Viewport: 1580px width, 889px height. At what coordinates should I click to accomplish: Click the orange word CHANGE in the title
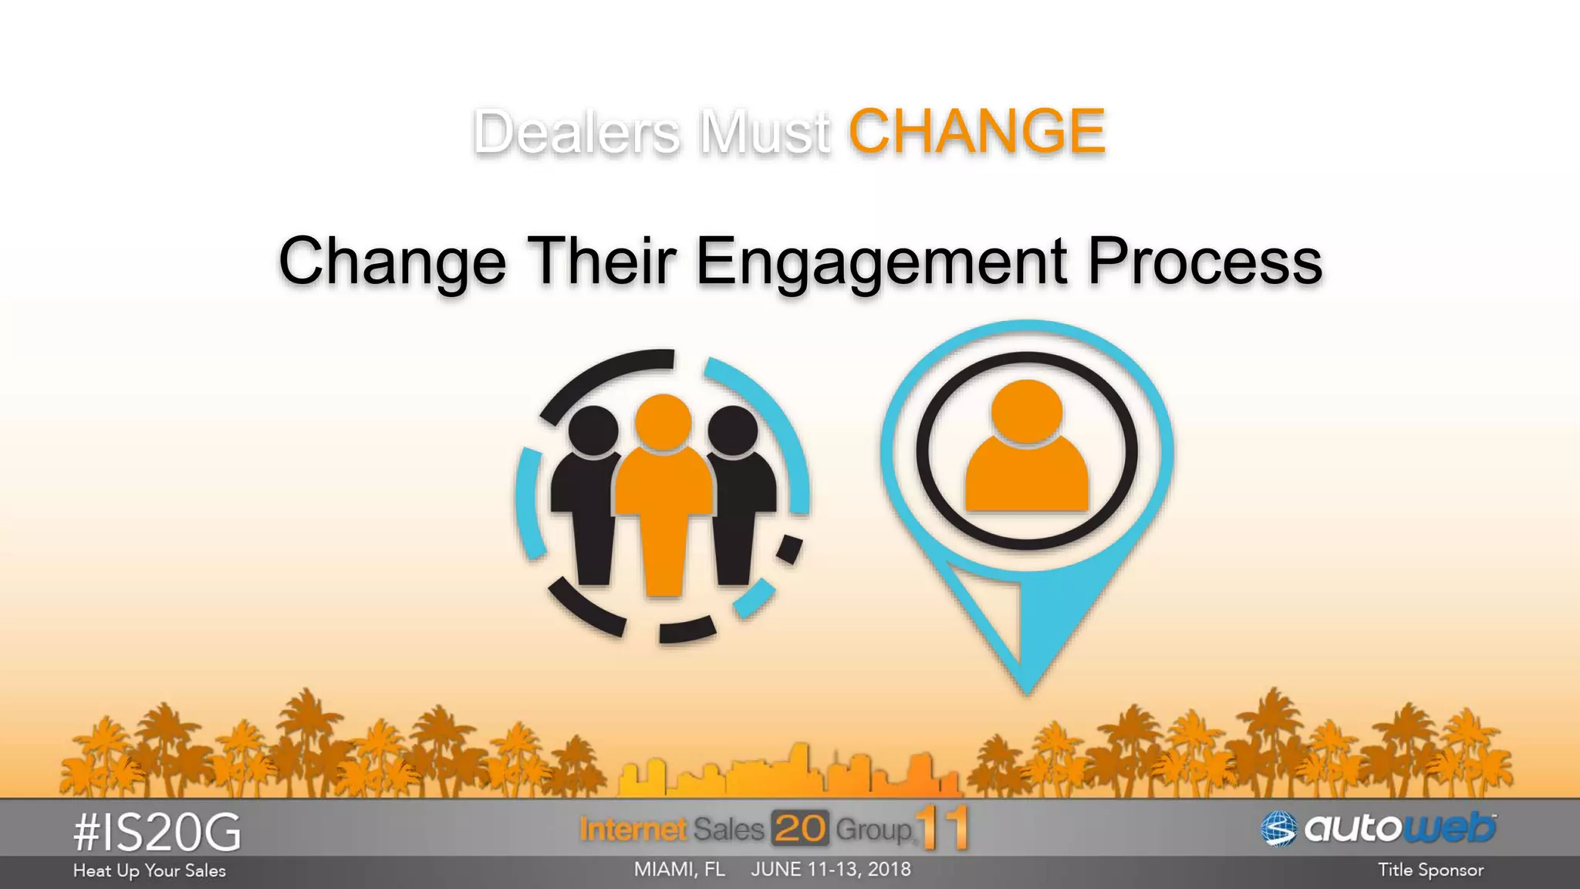tap(977, 131)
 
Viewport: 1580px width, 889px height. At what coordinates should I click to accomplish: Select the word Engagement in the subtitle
tap(882, 262)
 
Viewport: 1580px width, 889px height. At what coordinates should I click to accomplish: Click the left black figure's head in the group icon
tap(592, 431)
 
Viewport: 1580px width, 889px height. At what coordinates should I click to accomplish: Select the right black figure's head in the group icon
tap(733, 431)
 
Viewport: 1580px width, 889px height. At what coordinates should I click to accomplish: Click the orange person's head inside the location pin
tap(1027, 411)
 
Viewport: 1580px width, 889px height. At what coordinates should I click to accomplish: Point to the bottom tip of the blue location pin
tap(1027, 689)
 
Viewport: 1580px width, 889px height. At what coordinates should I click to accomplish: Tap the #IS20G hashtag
tap(157, 833)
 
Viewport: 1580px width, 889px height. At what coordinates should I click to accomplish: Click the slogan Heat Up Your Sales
tap(150, 870)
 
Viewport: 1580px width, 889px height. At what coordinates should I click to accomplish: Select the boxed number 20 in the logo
tap(800, 829)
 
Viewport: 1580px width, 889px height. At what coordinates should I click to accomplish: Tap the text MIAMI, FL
tap(680, 870)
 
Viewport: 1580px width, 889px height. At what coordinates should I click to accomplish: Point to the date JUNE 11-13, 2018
tap(831, 870)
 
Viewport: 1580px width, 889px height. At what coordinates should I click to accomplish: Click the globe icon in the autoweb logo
tap(1278, 829)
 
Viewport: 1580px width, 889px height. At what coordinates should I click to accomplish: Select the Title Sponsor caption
tap(1430, 870)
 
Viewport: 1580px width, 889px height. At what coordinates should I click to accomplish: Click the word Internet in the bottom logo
tap(633, 830)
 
